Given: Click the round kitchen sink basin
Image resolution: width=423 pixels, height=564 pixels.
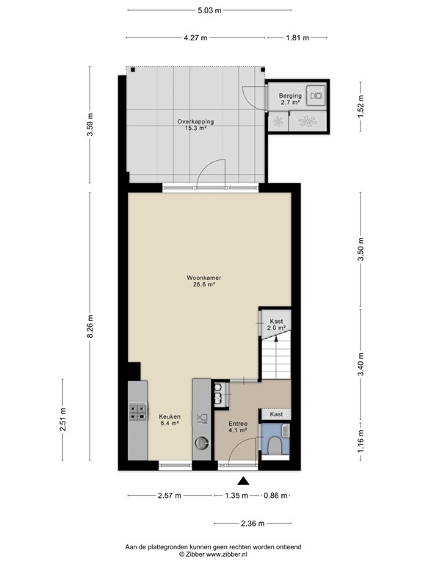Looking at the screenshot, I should click(x=201, y=444).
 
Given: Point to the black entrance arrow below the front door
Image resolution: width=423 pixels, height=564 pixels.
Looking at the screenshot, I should click(x=244, y=481).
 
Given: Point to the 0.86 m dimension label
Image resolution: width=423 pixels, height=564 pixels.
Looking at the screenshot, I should click(x=275, y=496).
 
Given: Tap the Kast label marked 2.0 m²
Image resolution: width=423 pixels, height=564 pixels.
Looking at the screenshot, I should click(x=276, y=325).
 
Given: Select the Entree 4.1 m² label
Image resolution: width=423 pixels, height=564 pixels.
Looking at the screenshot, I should click(x=237, y=427).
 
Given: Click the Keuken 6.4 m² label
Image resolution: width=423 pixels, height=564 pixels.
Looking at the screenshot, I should click(x=170, y=419).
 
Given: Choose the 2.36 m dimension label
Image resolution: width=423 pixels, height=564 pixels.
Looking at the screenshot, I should click(x=251, y=524).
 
